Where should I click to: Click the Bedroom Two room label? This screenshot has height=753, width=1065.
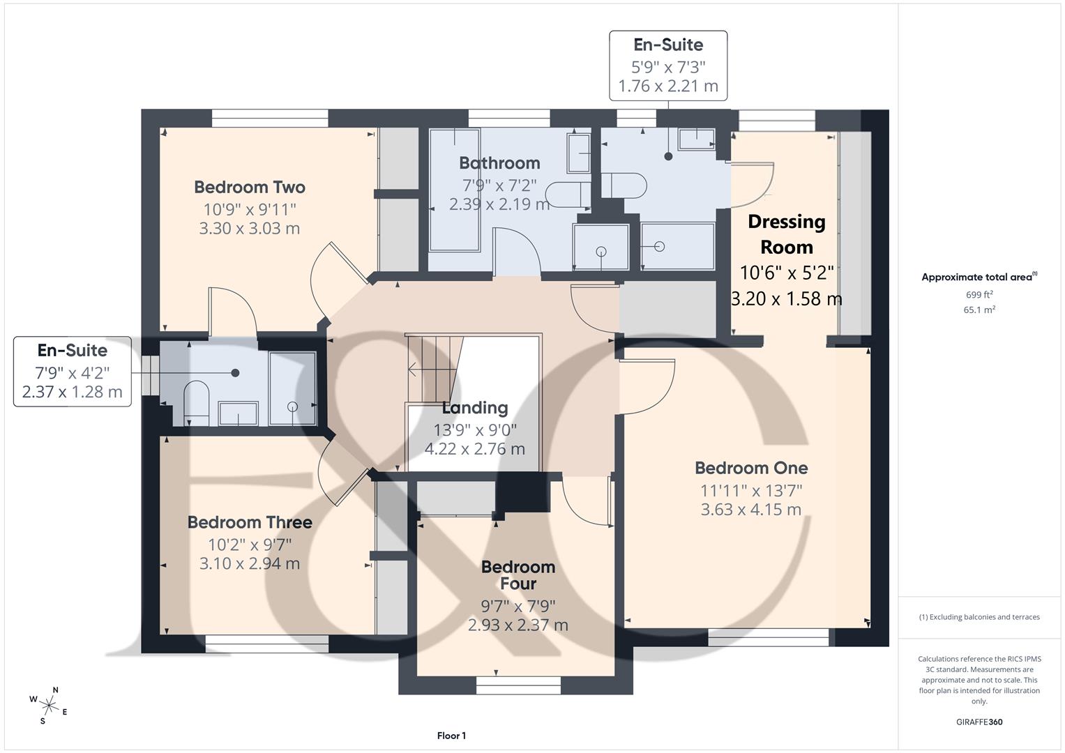(x=250, y=187)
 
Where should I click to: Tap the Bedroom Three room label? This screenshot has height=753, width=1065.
(x=250, y=522)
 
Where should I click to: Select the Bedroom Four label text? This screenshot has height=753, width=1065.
(x=518, y=575)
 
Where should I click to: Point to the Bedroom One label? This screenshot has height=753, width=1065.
(x=751, y=468)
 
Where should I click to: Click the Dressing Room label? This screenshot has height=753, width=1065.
(x=787, y=234)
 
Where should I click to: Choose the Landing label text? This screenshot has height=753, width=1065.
(x=475, y=408)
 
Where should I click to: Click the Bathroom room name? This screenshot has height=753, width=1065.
(x=499, y=163)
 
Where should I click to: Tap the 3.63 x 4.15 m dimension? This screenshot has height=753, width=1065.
(x=751, y=510)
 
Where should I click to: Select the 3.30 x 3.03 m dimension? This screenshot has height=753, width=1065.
(x=250, y=229)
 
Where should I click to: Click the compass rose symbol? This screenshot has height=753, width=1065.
(x=49, y=706)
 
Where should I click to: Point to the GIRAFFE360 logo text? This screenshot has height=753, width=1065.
(x=979, y=722)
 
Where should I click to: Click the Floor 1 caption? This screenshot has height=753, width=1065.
(x=452, y=736)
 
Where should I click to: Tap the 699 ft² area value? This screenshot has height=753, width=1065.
(x=979, y=295)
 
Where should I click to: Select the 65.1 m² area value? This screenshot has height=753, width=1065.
(x=979, y=310)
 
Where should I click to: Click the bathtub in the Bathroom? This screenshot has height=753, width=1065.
(x=455, y=190)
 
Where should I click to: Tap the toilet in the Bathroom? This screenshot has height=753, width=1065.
(x=568, y=194)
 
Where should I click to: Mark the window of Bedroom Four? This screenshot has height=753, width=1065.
(x=518, y=685)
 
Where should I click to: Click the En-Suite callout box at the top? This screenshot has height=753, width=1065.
(x=668, y=66)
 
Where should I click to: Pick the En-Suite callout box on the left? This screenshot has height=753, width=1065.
(x=73, y=371)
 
